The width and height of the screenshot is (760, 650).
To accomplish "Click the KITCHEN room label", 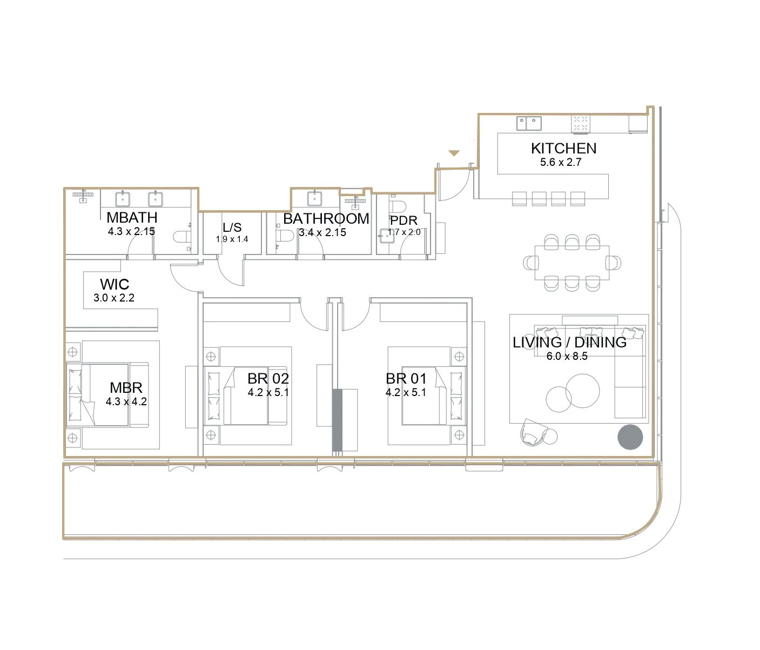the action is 564,148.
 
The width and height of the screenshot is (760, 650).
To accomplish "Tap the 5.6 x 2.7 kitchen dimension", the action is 561,162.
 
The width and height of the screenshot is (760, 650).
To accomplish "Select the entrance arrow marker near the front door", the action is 454,153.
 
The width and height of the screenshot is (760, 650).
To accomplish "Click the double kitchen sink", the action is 529,123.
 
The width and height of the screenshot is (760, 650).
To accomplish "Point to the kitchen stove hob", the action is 581,124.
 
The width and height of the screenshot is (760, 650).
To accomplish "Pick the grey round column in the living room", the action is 630,437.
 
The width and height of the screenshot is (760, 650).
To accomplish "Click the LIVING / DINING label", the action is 569,343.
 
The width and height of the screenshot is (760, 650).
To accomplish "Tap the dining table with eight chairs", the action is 572,263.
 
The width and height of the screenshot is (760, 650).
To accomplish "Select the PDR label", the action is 403,220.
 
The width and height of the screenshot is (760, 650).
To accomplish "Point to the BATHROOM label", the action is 326,219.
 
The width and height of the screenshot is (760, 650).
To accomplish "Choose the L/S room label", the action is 232,227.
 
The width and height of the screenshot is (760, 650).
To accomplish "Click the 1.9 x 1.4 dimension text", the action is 232,239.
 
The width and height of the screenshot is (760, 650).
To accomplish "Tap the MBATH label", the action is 132,217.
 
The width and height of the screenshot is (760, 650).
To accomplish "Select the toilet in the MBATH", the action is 182,237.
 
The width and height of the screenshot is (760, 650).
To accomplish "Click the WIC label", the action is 115,284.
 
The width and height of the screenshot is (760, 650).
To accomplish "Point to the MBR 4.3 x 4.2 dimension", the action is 126,401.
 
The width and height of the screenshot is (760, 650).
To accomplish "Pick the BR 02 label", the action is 268,379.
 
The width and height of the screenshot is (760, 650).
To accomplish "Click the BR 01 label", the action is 406,379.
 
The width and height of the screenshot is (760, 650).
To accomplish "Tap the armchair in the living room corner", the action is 534,432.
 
